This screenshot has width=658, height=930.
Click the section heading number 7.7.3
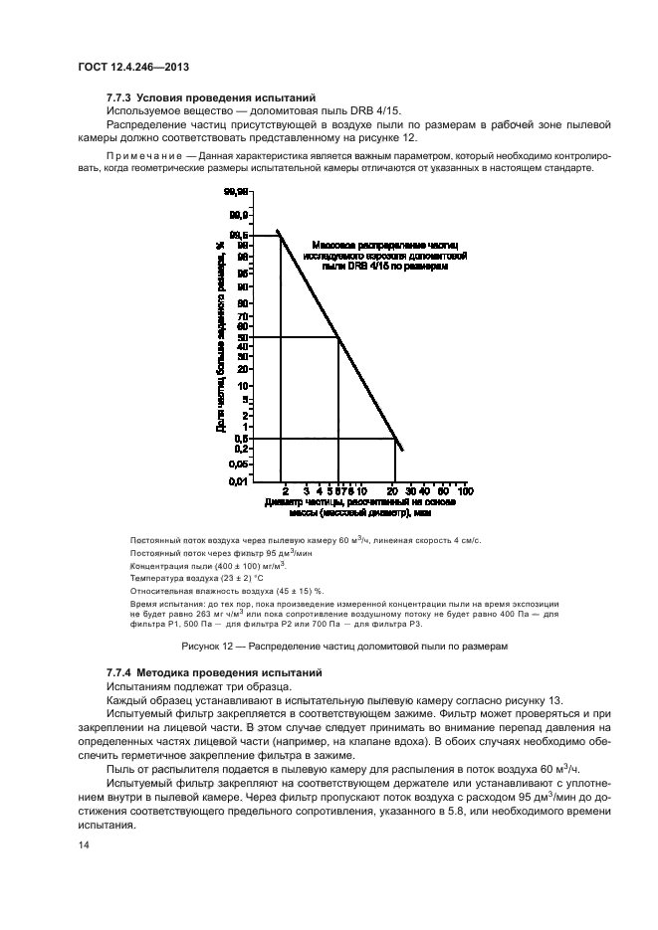tap(119, 97)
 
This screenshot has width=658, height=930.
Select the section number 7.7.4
tap(119, 673)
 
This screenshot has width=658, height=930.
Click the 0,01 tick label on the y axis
tap(238, 481)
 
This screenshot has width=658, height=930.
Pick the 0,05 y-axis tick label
tap(238, 463)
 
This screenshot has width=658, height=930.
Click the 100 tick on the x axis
tap(464, 491)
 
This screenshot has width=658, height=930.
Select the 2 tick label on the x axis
tap(285, 491)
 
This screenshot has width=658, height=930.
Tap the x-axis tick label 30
tap(408, 491)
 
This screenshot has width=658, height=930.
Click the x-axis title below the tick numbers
tap(361, 508)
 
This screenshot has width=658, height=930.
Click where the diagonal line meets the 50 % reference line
tap(339, 336)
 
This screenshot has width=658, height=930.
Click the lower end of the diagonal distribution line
tap(401, 451)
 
